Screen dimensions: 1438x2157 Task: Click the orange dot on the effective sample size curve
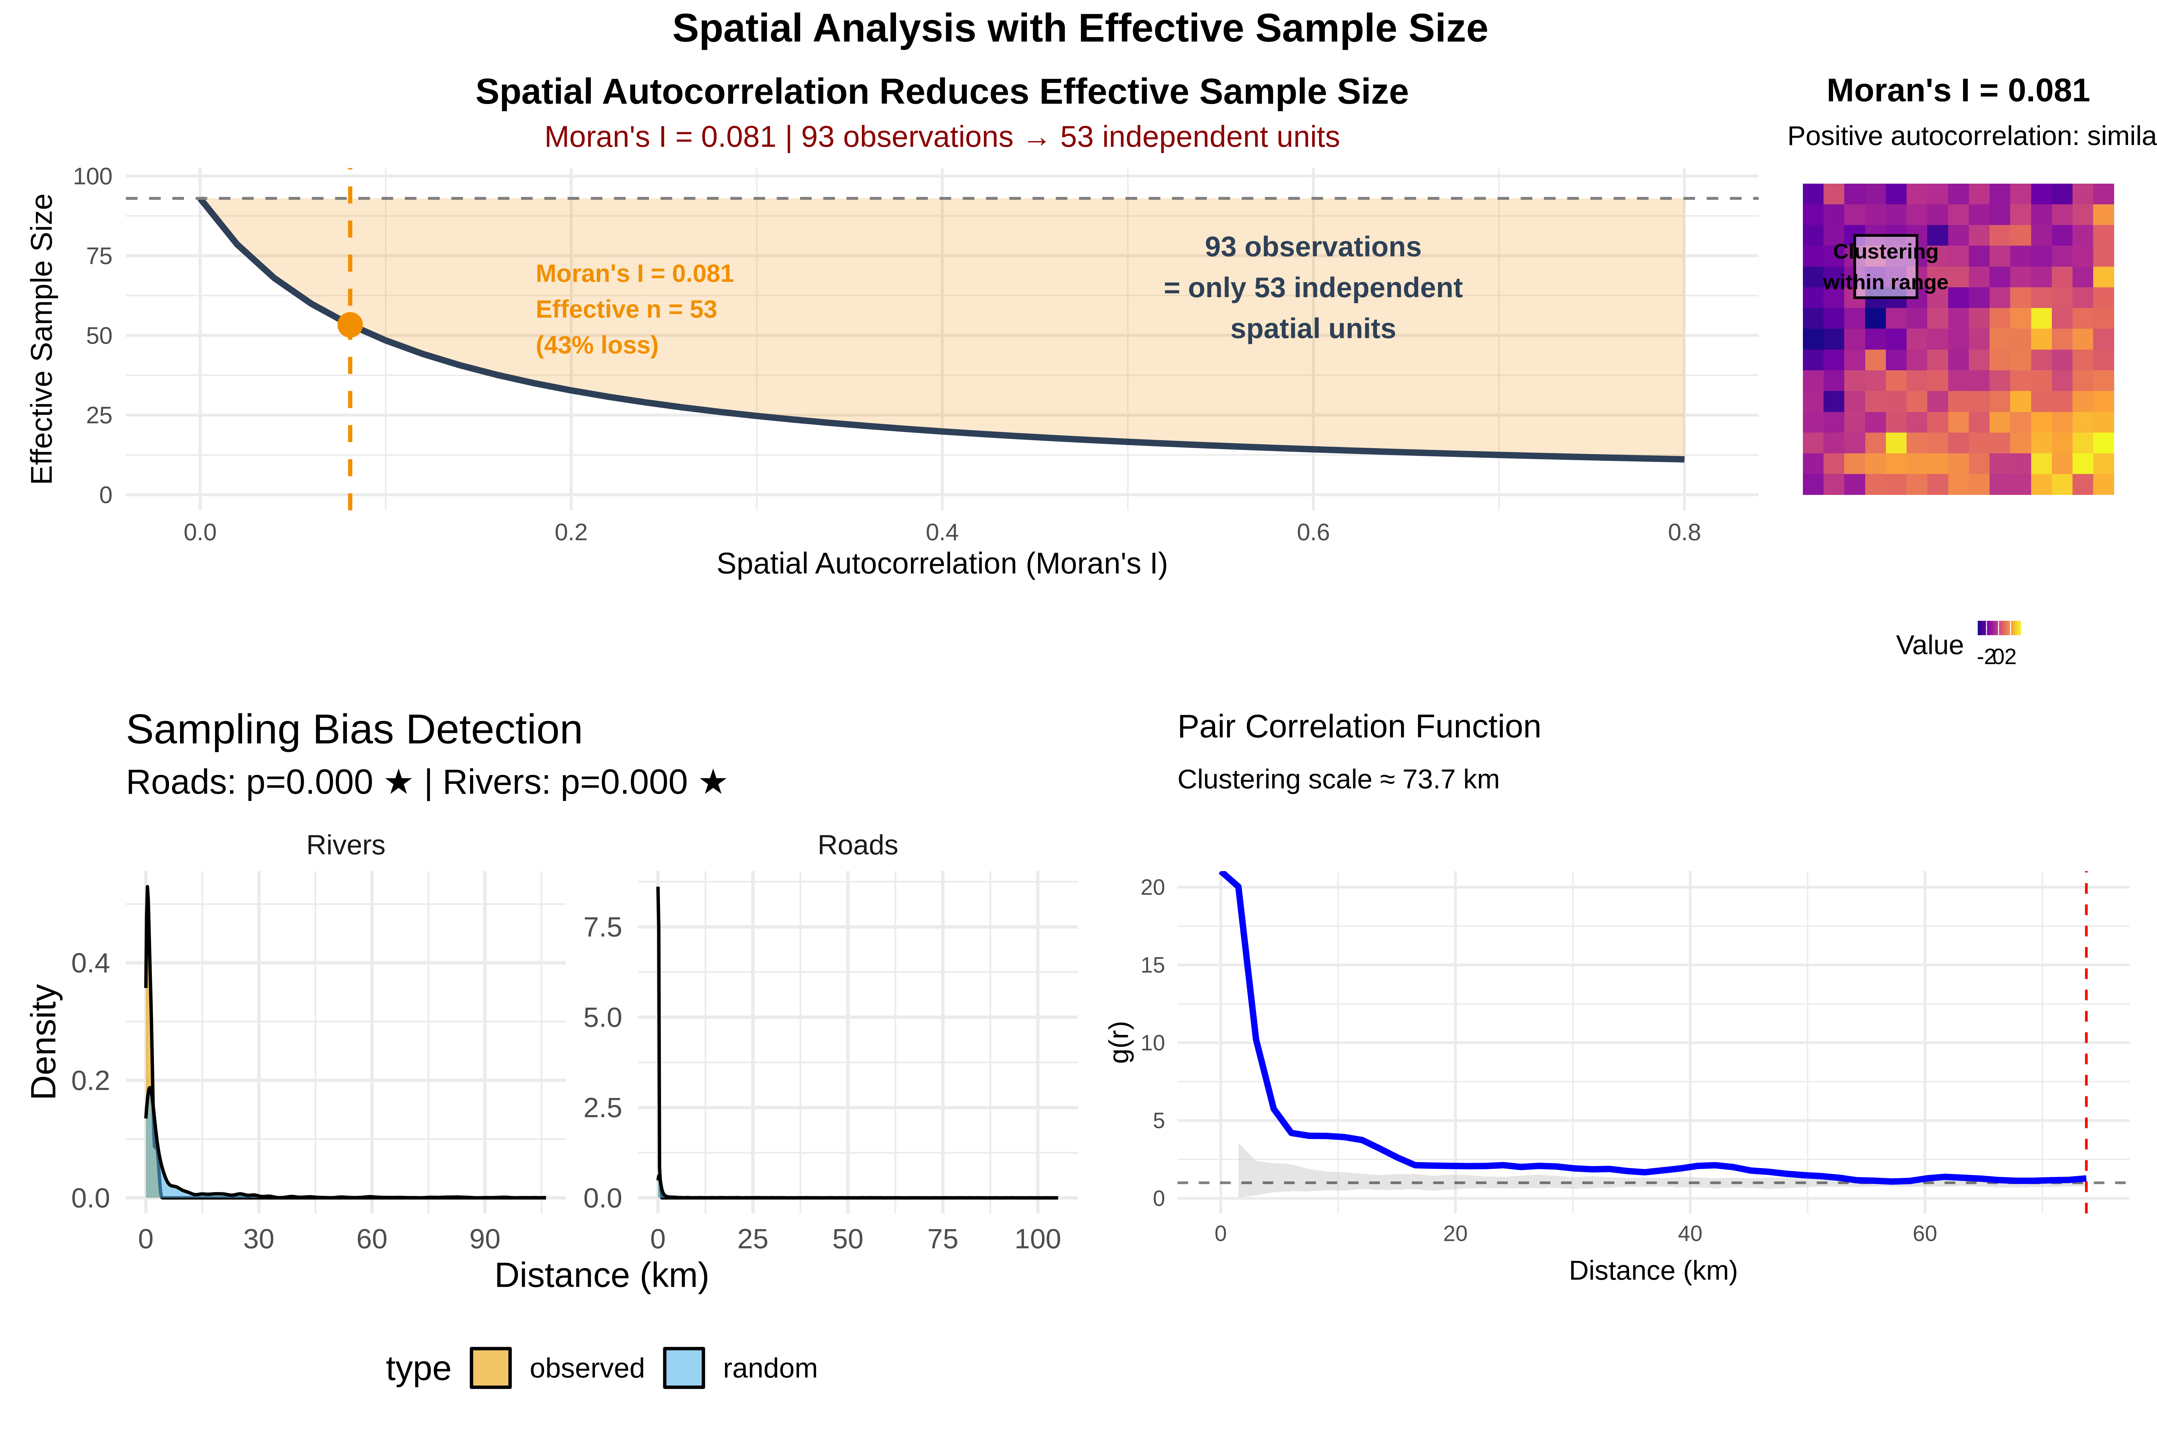pos(349,325)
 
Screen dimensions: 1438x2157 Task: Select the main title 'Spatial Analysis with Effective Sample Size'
pos(1079,28)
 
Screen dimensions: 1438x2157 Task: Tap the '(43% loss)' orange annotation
pos(597,346)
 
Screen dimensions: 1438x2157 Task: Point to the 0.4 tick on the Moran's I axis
pos(942,533)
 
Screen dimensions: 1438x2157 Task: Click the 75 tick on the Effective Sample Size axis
pos(99,256)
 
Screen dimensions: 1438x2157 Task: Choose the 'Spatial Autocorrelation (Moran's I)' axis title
pos(942,563)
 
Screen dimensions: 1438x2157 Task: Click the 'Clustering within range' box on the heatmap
pos(1886,267)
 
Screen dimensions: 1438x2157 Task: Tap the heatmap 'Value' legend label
pos(1930,646)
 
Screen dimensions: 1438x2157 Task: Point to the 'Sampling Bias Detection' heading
pos(354,730)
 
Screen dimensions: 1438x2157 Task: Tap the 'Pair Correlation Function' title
pos(1359,726)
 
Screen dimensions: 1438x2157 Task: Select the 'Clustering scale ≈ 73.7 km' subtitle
pos(1338,780)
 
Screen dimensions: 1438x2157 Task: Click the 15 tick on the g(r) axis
pos(1153,965)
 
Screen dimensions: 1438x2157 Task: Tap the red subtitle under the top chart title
pos(942,137)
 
